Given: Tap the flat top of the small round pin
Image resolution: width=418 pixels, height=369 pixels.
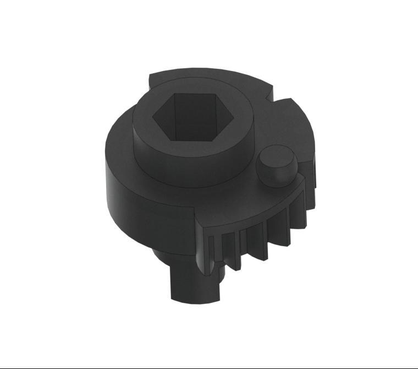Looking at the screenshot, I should tap(276, 156).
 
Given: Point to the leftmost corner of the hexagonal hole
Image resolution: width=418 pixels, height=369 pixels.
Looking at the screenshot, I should tap(152, 115).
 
